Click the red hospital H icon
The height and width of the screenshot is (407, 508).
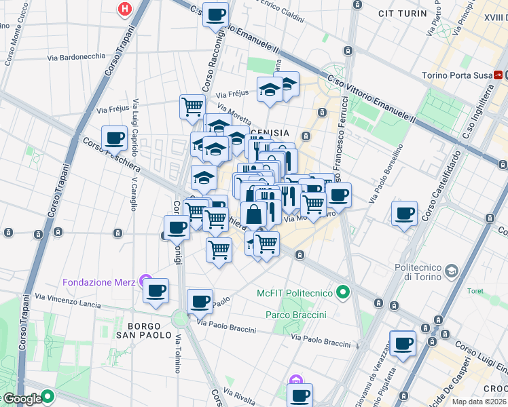124,9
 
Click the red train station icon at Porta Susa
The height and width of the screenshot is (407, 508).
499,75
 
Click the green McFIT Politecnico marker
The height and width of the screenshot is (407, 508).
343,293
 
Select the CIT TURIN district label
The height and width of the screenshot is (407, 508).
404,12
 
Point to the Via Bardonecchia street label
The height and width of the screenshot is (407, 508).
77,56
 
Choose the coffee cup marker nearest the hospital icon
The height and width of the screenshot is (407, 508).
216,14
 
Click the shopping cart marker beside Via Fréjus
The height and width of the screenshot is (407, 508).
192,106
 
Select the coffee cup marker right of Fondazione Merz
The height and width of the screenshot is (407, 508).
156,291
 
